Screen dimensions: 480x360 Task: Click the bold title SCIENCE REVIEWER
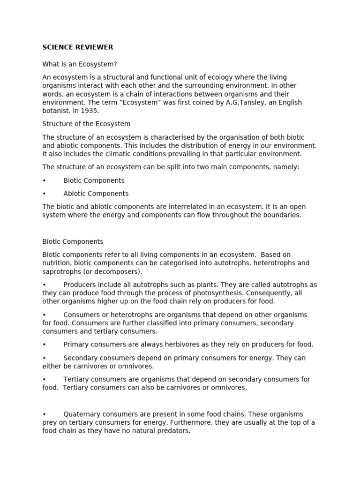coord(78,47)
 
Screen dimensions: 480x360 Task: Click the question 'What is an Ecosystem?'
coord(80,64)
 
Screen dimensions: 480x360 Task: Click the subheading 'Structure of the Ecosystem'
coord(86,124)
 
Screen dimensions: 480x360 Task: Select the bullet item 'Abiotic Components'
coord(96,194)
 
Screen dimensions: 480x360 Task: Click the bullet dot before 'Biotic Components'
coord(44,180)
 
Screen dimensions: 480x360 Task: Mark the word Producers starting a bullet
coord(79,285)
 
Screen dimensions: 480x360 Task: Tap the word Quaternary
coord(82,414)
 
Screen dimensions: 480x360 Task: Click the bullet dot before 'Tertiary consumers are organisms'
coord(44,379)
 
